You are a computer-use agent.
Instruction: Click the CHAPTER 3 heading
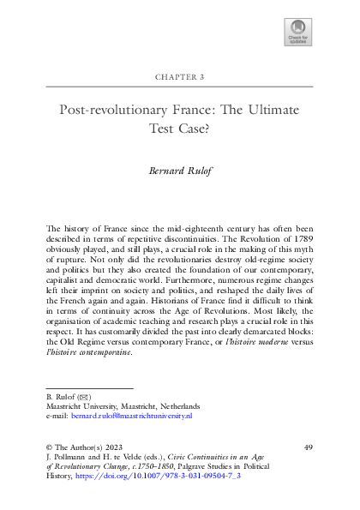(x=179, y=77)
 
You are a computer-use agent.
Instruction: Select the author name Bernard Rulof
(x=179, y=171)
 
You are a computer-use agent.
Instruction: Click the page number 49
(x=309, y=446)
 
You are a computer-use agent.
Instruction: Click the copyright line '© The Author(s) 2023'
(x=83, y=446)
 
